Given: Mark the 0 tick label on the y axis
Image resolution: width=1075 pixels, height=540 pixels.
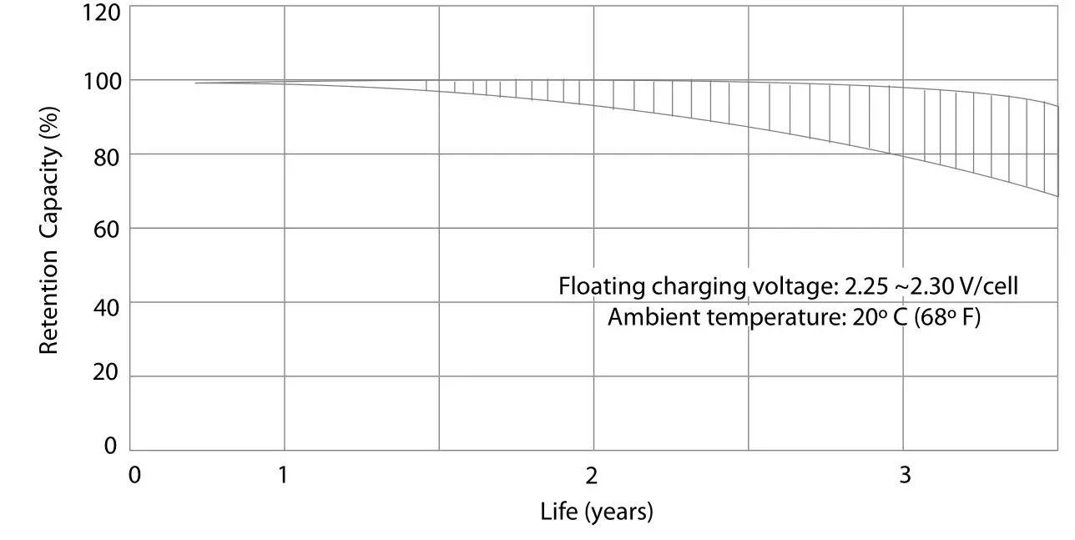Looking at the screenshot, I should [x=110, y=447].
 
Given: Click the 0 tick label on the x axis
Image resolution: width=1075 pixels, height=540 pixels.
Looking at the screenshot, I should [x=134, y=476].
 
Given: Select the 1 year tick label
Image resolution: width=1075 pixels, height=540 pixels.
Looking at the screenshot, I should [x=283, y=476].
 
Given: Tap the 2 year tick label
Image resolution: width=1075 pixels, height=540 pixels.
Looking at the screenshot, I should [x=592, y=476].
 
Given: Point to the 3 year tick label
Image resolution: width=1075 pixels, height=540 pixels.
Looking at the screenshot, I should [x=904, y=476].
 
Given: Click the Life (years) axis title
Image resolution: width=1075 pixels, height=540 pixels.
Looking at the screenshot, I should [x=596, y=511].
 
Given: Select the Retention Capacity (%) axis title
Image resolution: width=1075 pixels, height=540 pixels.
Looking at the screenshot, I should [x=49, y=230].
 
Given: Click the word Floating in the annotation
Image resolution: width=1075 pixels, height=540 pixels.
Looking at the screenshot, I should [x=596, y=287].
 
